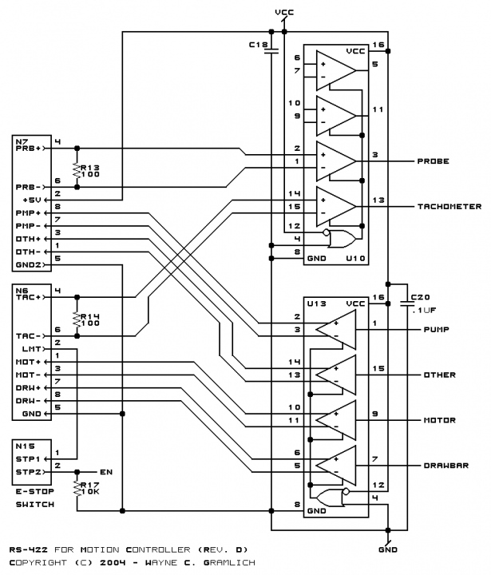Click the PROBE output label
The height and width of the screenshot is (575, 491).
point(433,161)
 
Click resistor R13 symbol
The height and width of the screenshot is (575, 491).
point(77,169)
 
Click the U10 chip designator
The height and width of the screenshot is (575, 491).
point(357,259)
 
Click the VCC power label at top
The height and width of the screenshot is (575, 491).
point(283,13)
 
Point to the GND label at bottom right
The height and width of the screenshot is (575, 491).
point(387,549)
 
